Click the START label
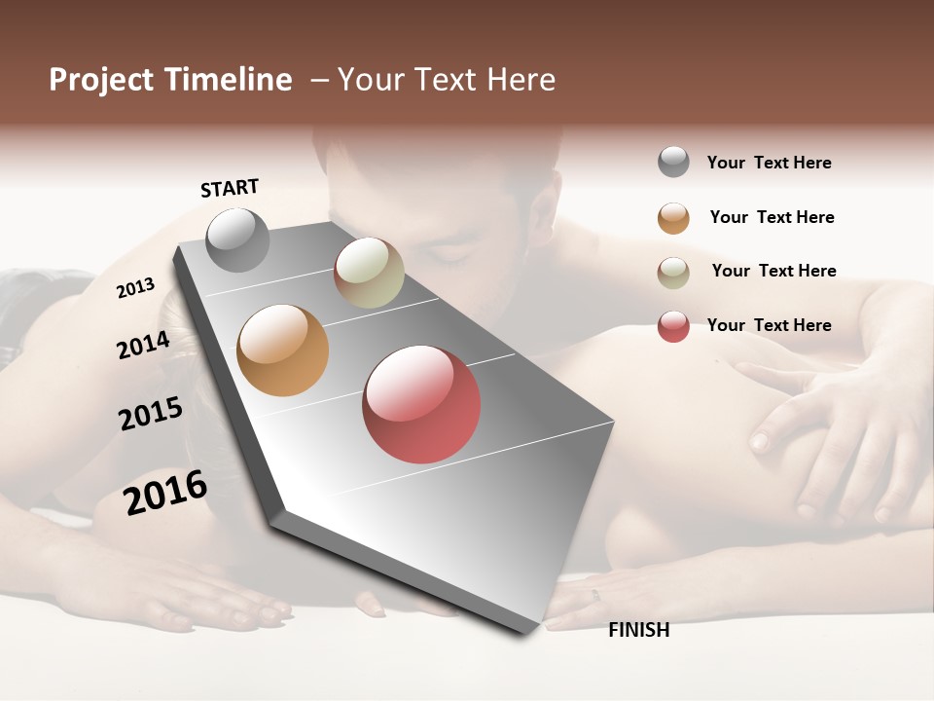[230, 188]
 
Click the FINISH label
[638, 630]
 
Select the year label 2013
[136, 287]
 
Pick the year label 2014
[144, 345]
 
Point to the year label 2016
[165, 493]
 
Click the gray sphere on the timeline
[237, 240]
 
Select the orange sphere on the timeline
[282, 350]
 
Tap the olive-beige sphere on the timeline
[369, 273]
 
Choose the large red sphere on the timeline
[421, 404]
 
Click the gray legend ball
[673, 162]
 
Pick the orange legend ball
[673, 218]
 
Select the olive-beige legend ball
[673, 273]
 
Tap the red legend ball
[673, 326]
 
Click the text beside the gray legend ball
[769, 163]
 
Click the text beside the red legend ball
[769, 325]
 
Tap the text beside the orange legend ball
[772, 217]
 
